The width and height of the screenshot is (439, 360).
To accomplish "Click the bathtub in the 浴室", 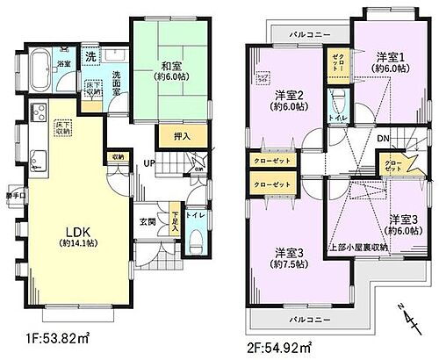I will [40, 69].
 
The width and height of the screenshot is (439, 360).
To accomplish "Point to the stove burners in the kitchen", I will [39, 115].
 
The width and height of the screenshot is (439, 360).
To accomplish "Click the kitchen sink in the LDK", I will [39, 160].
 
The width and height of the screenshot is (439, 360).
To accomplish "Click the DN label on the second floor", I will [384, 139].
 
